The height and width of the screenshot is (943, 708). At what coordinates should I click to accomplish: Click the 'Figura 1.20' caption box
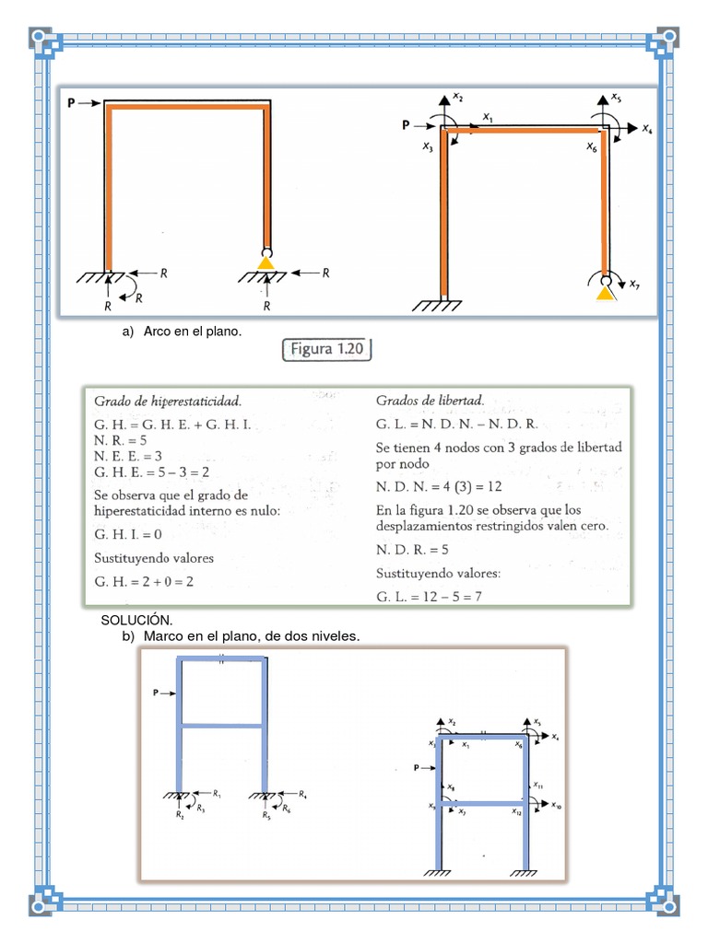tap(324, 350)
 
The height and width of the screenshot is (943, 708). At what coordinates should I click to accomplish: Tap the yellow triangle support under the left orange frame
tap(266, 264)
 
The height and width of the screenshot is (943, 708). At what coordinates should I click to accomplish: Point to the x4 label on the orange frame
tap(648, 130)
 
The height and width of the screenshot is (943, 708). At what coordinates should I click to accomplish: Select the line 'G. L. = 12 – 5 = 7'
tap(430, 597)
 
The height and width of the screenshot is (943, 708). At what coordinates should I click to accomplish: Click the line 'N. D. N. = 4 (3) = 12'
tap(437, 485)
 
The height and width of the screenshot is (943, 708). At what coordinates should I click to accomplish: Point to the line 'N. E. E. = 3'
tap(129, 455)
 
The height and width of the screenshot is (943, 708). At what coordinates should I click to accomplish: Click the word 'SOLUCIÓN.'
tap(136, 621)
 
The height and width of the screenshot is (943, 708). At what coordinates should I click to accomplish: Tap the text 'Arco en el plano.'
tap(192, 332)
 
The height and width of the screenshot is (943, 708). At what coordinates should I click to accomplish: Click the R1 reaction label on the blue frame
tap(216, 792)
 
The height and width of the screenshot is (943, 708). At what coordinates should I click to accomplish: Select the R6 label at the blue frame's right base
tap(288, 808)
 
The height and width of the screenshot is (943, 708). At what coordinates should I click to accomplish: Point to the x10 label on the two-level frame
tap(557, 806)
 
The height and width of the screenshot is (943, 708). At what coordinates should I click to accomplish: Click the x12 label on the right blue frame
tap(517, 811)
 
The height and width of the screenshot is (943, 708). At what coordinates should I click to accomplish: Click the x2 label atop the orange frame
tap(458, 97)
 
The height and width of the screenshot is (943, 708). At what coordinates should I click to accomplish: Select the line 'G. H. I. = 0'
tap(128, 533)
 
